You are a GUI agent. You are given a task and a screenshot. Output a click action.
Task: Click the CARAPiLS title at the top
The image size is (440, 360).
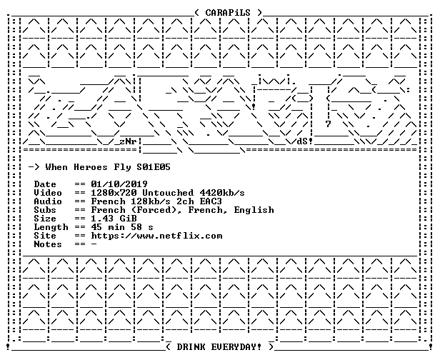point(228,13)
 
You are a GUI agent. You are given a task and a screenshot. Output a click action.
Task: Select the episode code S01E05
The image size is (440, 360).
point(154,167)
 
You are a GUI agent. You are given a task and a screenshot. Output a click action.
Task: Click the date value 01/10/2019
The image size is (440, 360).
point(119,184)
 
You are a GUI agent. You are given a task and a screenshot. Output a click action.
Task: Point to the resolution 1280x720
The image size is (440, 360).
point(114,193)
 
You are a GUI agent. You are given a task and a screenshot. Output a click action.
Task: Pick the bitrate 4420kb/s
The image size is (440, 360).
point(222,193)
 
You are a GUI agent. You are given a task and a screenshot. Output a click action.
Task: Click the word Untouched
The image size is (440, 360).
point(168,193)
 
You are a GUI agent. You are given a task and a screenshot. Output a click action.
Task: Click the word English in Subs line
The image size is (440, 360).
point(254,210)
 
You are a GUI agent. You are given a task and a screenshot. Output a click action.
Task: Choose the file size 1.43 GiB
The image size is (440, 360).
point(114,219)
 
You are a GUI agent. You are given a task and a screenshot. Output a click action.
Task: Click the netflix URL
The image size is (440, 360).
point(156,236)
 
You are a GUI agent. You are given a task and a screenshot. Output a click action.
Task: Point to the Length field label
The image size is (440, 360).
point(51,227)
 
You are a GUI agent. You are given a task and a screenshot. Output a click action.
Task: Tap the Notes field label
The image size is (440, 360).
point(48,244)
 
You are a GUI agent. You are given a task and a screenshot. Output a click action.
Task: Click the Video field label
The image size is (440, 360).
point(48,193)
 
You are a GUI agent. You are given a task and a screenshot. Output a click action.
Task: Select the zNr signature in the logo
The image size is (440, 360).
point(129,141)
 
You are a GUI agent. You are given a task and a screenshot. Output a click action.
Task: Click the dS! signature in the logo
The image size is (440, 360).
point(305,141)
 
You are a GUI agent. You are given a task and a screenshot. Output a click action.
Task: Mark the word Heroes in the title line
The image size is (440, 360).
point(91,167)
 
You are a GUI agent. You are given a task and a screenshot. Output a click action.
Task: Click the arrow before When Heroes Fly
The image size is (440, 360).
point(34,167)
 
